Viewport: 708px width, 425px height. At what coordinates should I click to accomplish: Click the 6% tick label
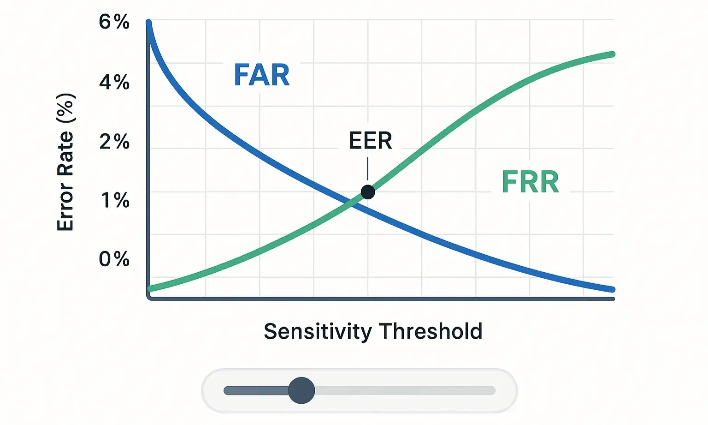coord(114,22)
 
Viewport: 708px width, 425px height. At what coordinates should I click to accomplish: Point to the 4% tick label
coord(114,82)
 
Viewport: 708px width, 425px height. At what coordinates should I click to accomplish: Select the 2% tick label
coord(114,142)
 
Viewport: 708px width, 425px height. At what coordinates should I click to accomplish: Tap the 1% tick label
coord(115,200)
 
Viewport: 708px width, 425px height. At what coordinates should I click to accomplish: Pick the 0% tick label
coord(114,259)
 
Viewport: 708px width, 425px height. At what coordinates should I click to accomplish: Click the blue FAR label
coord(262,75)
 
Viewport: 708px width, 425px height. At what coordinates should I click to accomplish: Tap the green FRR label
coord(530,182)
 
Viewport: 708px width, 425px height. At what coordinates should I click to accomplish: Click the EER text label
coord(371,141)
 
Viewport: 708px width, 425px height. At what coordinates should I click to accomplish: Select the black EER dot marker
coord(368,192)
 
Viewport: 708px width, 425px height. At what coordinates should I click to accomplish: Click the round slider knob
coord(301,390)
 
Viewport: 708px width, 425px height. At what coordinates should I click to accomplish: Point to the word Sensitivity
coord(318,332)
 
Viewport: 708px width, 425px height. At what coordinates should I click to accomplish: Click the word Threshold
coord(431,331)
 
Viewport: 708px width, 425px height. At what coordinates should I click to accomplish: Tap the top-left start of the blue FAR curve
coord(149,23)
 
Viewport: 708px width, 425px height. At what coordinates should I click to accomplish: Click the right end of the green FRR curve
coord(612,54)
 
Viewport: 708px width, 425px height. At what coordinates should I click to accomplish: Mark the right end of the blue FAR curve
coord(612,289)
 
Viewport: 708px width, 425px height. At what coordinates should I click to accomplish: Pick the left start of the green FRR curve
coord(150,289)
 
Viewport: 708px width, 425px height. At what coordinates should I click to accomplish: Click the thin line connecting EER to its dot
coord(368,169)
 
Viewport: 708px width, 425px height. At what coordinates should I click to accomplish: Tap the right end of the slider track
coord(493,390)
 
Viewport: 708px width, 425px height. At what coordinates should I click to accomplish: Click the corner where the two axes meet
coord(149,298)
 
